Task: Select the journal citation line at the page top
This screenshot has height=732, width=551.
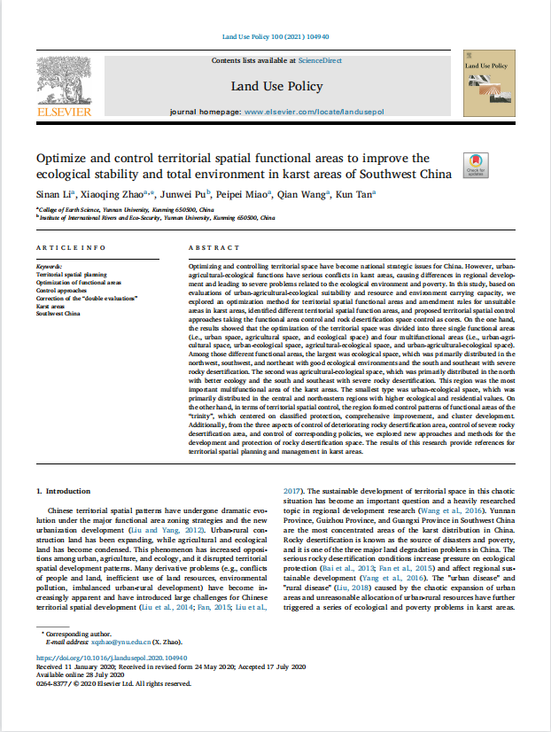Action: (x=275, y=36)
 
